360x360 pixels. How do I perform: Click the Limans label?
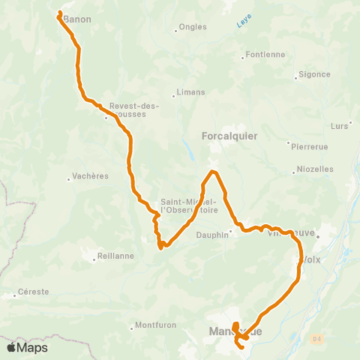tap(190, 92)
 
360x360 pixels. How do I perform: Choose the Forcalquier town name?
tap(230, 136)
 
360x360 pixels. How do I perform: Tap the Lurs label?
tap(340, 125)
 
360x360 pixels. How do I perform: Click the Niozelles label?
tap(315, 169)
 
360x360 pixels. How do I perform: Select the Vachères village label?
tap(91, 176)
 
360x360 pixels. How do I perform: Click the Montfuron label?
tap(154, 325)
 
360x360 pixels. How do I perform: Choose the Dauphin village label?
tap(213, 234)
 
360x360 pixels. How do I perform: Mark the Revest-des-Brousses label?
tap(134, 109)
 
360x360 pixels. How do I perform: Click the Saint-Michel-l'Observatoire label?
tap(189, 205)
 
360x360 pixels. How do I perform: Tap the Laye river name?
tap(243, 24)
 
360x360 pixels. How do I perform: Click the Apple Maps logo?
tap(27, 347)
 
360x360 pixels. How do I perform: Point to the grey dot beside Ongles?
tap(175, 31)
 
